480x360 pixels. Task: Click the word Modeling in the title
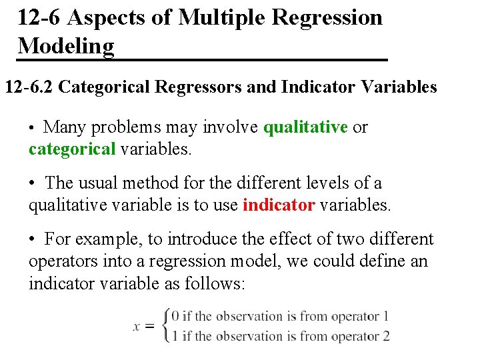pos(66,46)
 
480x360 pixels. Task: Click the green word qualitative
pos(306,127)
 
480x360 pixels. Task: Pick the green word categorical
pos(72,149)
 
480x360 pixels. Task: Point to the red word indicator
pos(279,205)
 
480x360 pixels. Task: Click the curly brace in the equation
pos(166,325)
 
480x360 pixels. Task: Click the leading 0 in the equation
pos(175,316)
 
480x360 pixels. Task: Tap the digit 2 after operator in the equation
pos(385,335)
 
